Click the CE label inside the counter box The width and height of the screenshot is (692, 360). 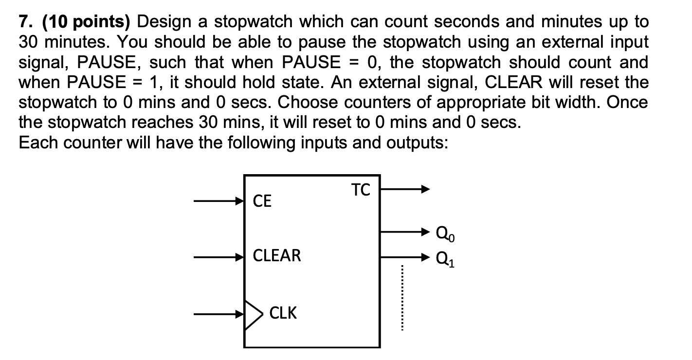pos(262,201)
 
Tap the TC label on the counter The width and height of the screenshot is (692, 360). pos(361,190)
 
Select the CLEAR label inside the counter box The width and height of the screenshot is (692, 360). pos(277,255)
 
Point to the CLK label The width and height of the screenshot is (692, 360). pos(283,313)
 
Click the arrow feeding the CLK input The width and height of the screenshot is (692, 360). pos(219,314)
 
